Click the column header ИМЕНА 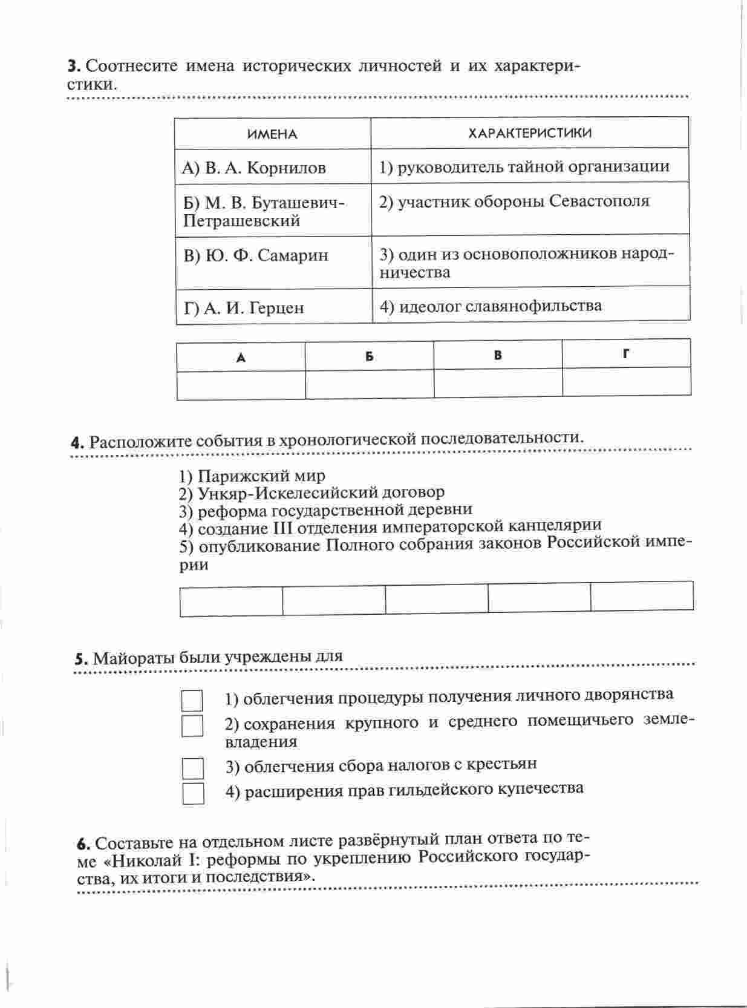pyautogui.click(x=272, y=134)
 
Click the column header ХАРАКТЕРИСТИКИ pyautogui.click(x=530, y=133)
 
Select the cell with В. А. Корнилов pyautogui.click(x=254, y=168)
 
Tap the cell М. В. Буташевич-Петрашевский pyautogui.click(x=263, y=211)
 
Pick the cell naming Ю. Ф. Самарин pyautogui.click(x=256, y=255)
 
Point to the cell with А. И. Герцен pyautogui.click(x=244, y=308)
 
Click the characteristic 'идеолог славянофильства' pyautogui.click(x=491, y=306)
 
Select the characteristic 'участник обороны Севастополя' pyautogui.click(x=514, y=201)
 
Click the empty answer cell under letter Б pyautogui.click(x=370, y=384)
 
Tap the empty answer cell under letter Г pyautogui.click(x=626, y=382)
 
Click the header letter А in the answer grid pyautogui.click(x=241, y=358)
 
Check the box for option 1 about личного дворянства pyautogui.click(x=192, y=701)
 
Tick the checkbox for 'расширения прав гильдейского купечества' pyautogui.click(x=193, y=793)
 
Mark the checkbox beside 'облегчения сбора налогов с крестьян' pyautogui.click(x=193, y=768)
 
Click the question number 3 pyautogui.click(x=73, y=66)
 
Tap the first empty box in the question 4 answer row pyautogui.click(x=231, y=600)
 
